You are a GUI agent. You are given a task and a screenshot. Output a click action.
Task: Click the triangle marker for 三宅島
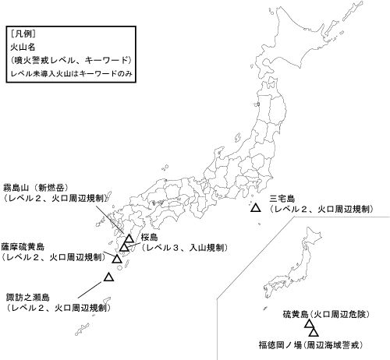click(255, 209)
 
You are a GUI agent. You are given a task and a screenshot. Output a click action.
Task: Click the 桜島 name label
click(150, 237)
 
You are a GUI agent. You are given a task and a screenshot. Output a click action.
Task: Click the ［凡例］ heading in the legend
click(23, 35)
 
